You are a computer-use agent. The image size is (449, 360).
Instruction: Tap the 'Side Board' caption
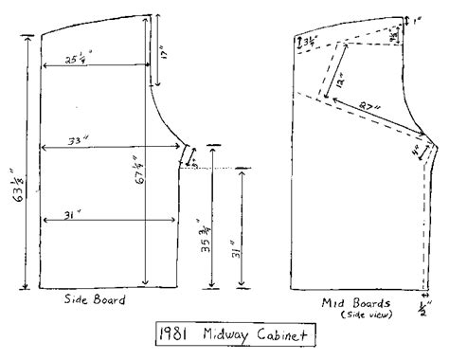(96, 301)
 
